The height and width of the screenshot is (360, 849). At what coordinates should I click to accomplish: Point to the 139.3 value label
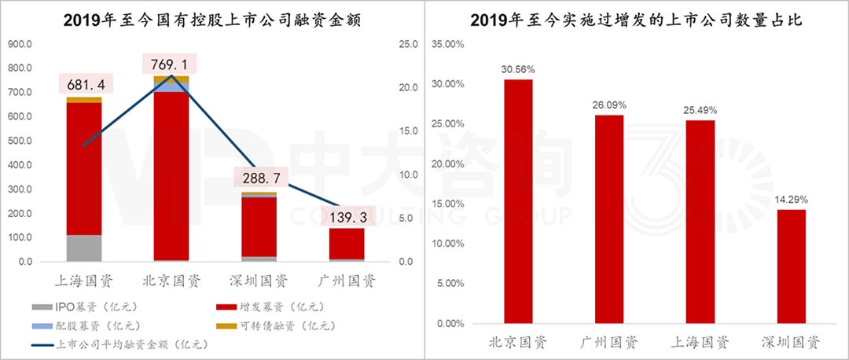(x=347, y=215)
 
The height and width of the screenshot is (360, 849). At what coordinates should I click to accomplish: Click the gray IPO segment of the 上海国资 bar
(x=84, y=248)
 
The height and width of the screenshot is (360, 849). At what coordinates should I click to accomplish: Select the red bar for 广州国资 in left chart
(x=347, y=243)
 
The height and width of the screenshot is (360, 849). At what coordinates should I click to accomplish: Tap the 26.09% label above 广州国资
(x=609, y=105)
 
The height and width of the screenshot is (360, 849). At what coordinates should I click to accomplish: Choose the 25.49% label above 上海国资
(x=700, y=109)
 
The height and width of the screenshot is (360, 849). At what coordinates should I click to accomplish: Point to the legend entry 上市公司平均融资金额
(x=118, y=343)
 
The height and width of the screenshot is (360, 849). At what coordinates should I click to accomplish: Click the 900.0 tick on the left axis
(x=20, y=44)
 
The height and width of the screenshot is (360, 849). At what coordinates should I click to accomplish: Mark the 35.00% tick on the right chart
(x=449, y=44)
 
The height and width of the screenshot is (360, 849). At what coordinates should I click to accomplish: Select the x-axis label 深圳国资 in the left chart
(x=259, y=281)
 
